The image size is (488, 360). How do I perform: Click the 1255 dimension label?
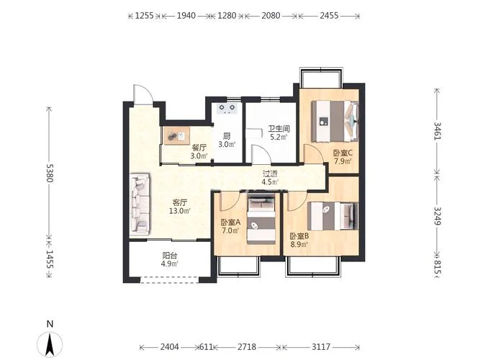145,16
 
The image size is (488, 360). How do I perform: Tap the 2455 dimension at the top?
329,16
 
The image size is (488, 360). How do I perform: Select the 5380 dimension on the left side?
50,173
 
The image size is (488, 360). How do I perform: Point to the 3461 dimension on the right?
438,131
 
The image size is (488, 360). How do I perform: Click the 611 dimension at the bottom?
206,347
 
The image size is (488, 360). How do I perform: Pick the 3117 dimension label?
321,347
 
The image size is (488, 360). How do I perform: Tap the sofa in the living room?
140,204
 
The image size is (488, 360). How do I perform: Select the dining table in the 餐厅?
176,135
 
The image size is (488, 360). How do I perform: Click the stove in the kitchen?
227,109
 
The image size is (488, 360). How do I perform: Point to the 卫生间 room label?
279,128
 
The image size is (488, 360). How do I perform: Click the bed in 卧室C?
335,121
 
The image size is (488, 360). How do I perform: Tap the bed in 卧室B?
333,216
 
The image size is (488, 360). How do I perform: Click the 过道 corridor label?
269,174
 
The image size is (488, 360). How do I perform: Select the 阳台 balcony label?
170,256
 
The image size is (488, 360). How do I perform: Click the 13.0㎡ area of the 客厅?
179,211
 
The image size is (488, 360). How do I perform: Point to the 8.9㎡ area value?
299,245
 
